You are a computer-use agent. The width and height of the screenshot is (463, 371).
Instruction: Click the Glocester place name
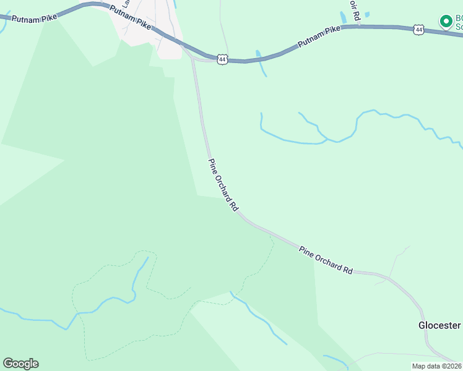point(439,325)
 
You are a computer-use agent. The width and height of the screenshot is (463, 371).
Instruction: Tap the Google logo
point(20,364)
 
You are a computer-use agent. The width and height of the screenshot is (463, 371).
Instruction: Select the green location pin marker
point(445,21)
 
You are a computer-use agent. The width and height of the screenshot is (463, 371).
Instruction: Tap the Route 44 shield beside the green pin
point(419,29)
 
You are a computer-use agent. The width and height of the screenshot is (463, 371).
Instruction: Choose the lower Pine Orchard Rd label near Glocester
point(326,260)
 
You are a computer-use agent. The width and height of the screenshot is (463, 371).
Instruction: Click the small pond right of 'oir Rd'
point(367,14)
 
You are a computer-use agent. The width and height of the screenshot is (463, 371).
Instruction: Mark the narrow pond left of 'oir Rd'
point(344,17)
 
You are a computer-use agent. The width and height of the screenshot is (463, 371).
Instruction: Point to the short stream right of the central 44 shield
point(261,63)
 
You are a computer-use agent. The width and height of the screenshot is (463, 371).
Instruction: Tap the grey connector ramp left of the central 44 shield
point(202,60)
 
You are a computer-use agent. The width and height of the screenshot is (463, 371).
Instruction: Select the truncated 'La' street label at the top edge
point(126,4)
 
